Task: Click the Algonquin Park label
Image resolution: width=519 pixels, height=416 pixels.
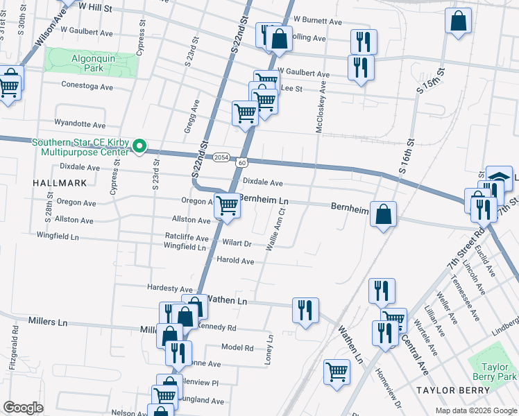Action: click(92, 64)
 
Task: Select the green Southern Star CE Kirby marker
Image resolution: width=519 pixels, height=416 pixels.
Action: click(139, 146)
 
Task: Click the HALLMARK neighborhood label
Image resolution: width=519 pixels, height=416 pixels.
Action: click(60, 182)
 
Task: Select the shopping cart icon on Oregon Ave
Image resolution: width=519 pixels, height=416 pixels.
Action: click(228, 206)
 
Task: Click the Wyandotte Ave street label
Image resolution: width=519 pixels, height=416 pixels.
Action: click(80, 125)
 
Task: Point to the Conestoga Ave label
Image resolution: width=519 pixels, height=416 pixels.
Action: click(87, 87)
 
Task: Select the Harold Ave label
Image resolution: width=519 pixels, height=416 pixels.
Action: click(235, 261)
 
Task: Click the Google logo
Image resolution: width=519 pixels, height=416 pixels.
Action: click(23, 408)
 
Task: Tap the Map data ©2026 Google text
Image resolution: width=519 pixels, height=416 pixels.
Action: click(475, 410)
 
